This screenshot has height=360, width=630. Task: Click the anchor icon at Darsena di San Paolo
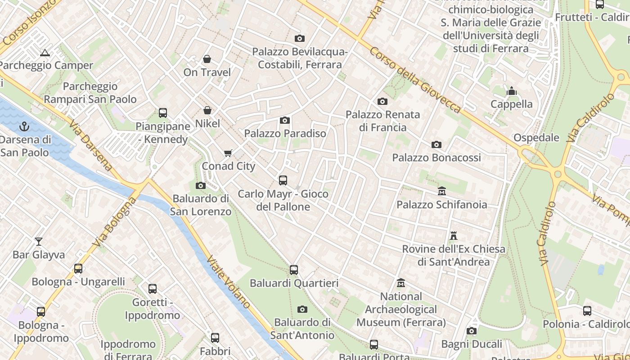pos(25,126)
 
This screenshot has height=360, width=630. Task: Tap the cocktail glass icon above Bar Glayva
pos(39,242)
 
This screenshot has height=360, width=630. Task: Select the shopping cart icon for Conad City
pos(228,153)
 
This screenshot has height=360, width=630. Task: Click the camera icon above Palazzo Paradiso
pos(285,120)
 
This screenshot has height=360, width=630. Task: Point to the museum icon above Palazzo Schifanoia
pos(441,191)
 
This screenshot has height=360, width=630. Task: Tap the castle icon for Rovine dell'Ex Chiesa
pos(454,235)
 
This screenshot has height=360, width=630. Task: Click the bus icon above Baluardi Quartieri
pos(294,270)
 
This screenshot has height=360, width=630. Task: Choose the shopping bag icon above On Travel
pos(207,59)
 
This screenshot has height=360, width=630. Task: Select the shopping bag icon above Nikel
pos(207,110)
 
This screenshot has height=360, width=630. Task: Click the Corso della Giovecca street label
pos(415,80)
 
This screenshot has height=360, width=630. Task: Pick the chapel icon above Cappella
pos(511,91)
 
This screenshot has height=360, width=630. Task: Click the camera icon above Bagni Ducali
pos(472,331)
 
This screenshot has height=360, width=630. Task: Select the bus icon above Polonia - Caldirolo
pos(587,311)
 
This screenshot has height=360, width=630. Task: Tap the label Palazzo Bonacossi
pos(436,157)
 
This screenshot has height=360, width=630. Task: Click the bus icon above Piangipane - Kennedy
pos(163,113)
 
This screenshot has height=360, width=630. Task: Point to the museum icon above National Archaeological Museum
pos(401,283)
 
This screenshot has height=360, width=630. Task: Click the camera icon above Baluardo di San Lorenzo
pos(201,185)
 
